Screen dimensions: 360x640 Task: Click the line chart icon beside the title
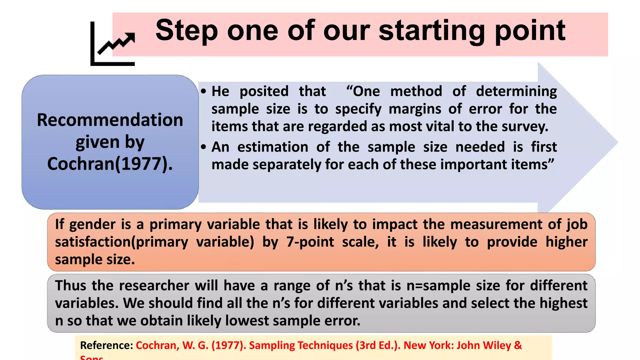[112, 44]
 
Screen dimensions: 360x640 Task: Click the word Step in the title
[187, 31]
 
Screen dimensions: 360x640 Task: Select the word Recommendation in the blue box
[110, 120]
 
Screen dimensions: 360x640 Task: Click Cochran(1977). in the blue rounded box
[110, 164]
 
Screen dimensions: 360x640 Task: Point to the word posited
[264, 92]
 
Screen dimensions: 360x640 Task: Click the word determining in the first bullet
[516, 92]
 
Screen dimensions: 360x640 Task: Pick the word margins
[415, 109]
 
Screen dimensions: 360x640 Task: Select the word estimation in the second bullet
[273, 147]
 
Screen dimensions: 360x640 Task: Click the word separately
[287, 164]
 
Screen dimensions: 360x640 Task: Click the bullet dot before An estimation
[204, 147]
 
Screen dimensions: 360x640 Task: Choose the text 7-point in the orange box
[310, 242]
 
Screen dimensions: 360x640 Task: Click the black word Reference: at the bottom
[107, 345]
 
